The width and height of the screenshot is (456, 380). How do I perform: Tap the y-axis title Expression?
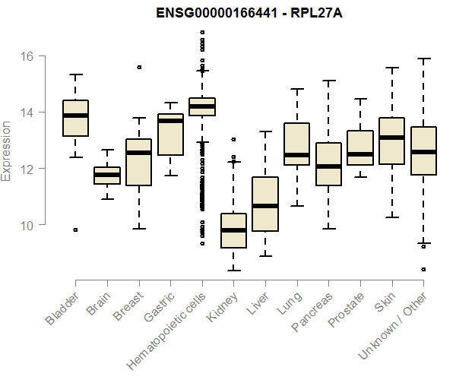[x=8, y=150]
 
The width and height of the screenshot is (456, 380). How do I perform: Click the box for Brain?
[x=107, y=176]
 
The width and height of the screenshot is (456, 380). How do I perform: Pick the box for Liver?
[x=265, y=204]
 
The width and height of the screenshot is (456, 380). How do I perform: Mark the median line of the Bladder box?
[x=75, y=116]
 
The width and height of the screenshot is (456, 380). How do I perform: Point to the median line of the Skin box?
[x=391, y=138]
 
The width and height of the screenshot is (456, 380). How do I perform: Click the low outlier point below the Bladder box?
[x=75, y=230]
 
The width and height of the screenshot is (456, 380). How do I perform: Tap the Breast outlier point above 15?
[x=139, y=67]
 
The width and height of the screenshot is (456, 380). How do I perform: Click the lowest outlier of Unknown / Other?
[x=423, y=269]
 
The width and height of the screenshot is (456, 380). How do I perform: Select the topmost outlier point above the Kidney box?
[x=233, y=139]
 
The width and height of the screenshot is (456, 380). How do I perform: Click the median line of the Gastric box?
[x=170, y=121]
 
